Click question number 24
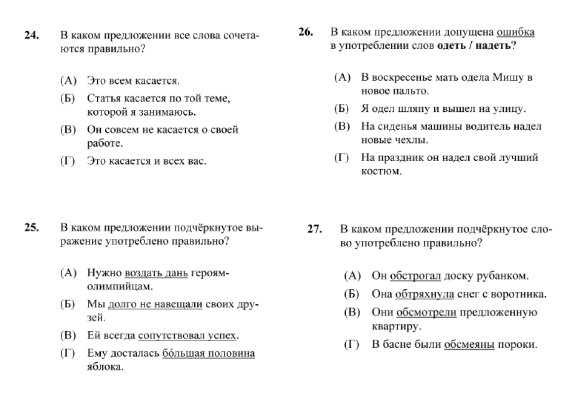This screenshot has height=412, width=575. tap(31, 36)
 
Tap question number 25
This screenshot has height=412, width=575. tap(31, 228)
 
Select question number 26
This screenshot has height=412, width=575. tap(306, 32)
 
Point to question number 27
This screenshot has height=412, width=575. tap(315, 229)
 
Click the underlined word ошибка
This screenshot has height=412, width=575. tap(515, 33)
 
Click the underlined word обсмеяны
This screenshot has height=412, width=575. tap(469, 345)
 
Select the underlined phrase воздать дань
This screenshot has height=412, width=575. tap(156, 273)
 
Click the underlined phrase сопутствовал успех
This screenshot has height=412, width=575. tap(187, 336)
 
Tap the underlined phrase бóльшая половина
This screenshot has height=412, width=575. tap(208, 354)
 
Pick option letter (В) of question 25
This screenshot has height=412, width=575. tap(68, 336)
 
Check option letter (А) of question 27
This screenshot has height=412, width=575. tap(352, 275)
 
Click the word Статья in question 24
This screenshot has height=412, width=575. tap(102, 98)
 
